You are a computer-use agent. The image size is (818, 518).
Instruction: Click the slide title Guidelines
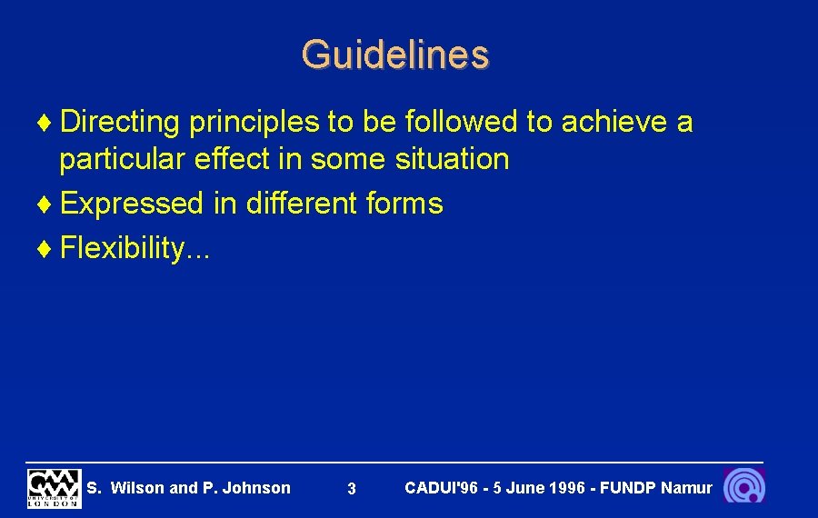point(395,55)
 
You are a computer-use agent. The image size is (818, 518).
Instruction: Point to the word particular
point(122,160)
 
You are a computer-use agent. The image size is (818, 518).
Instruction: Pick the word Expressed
point(132,204)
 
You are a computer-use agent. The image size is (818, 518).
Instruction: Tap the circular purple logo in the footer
point(743,486)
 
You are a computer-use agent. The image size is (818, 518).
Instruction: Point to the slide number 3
point(352,490)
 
